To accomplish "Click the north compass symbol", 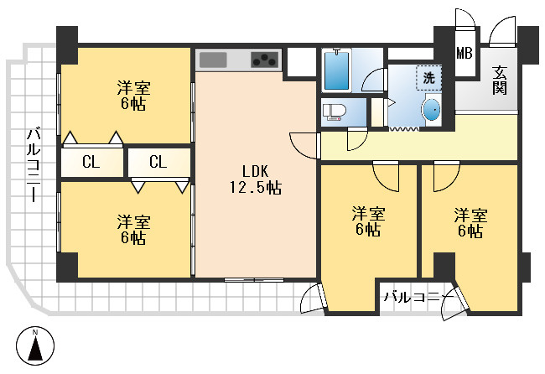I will [36, 345].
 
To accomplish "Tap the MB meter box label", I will [464, 54].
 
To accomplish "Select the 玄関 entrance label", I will [500, 80].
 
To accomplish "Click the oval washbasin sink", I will [431, 111].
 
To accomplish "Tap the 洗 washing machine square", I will [428, 77].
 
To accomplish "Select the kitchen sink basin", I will [212, 60].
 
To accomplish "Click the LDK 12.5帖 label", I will [255, 177].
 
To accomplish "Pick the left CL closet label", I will [91, 162].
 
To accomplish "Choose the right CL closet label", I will [158, 162].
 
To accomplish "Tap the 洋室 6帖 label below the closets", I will [132, 229].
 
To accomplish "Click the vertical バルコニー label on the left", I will [34, 164].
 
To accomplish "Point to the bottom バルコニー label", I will [415, 297].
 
